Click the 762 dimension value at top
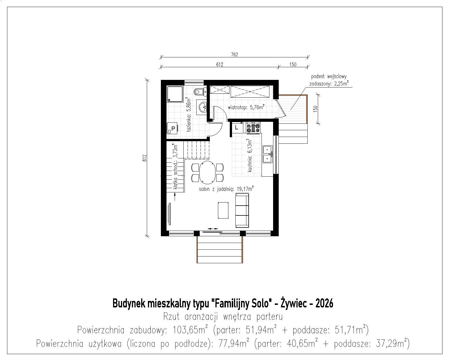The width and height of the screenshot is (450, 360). (x=234, y=54)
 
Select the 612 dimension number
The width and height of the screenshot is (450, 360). (x=220, y=64)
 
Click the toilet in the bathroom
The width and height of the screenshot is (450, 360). (x=200, y=92)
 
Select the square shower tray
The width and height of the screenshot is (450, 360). (x=175, y=94)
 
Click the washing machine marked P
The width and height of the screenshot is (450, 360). (x=172, y=128)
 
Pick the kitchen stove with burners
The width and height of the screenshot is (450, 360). (x=253, y=128)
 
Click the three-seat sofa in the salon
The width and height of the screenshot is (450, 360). (x=242, y=210)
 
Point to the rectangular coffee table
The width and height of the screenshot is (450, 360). (x=223, y=210)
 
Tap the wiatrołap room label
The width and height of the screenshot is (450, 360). (x=246, y=107)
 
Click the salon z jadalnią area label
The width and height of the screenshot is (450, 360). (x=226, y=189)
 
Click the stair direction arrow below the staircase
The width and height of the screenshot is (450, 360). (x=175, y=197)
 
